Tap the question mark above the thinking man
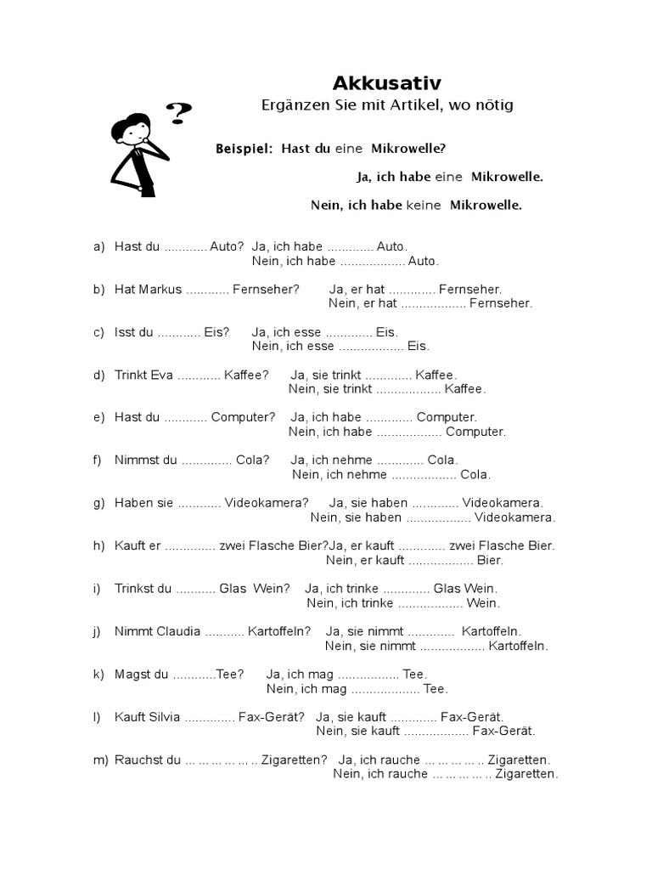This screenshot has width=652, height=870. tap(179, 112)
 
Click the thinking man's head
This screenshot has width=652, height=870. tap(132, 130)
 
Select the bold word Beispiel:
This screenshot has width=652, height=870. tap(244, 149)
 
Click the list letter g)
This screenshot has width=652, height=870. tap(99, 503)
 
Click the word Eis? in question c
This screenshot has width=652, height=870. tap(216, 332)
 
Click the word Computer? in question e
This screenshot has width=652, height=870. tap(243, 417)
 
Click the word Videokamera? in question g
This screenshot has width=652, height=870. tap(267, 503)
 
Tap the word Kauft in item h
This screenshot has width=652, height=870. tap(131, 545)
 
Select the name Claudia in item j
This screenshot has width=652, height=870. tap(178, 631)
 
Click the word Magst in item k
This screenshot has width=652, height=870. tap(132, 674)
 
